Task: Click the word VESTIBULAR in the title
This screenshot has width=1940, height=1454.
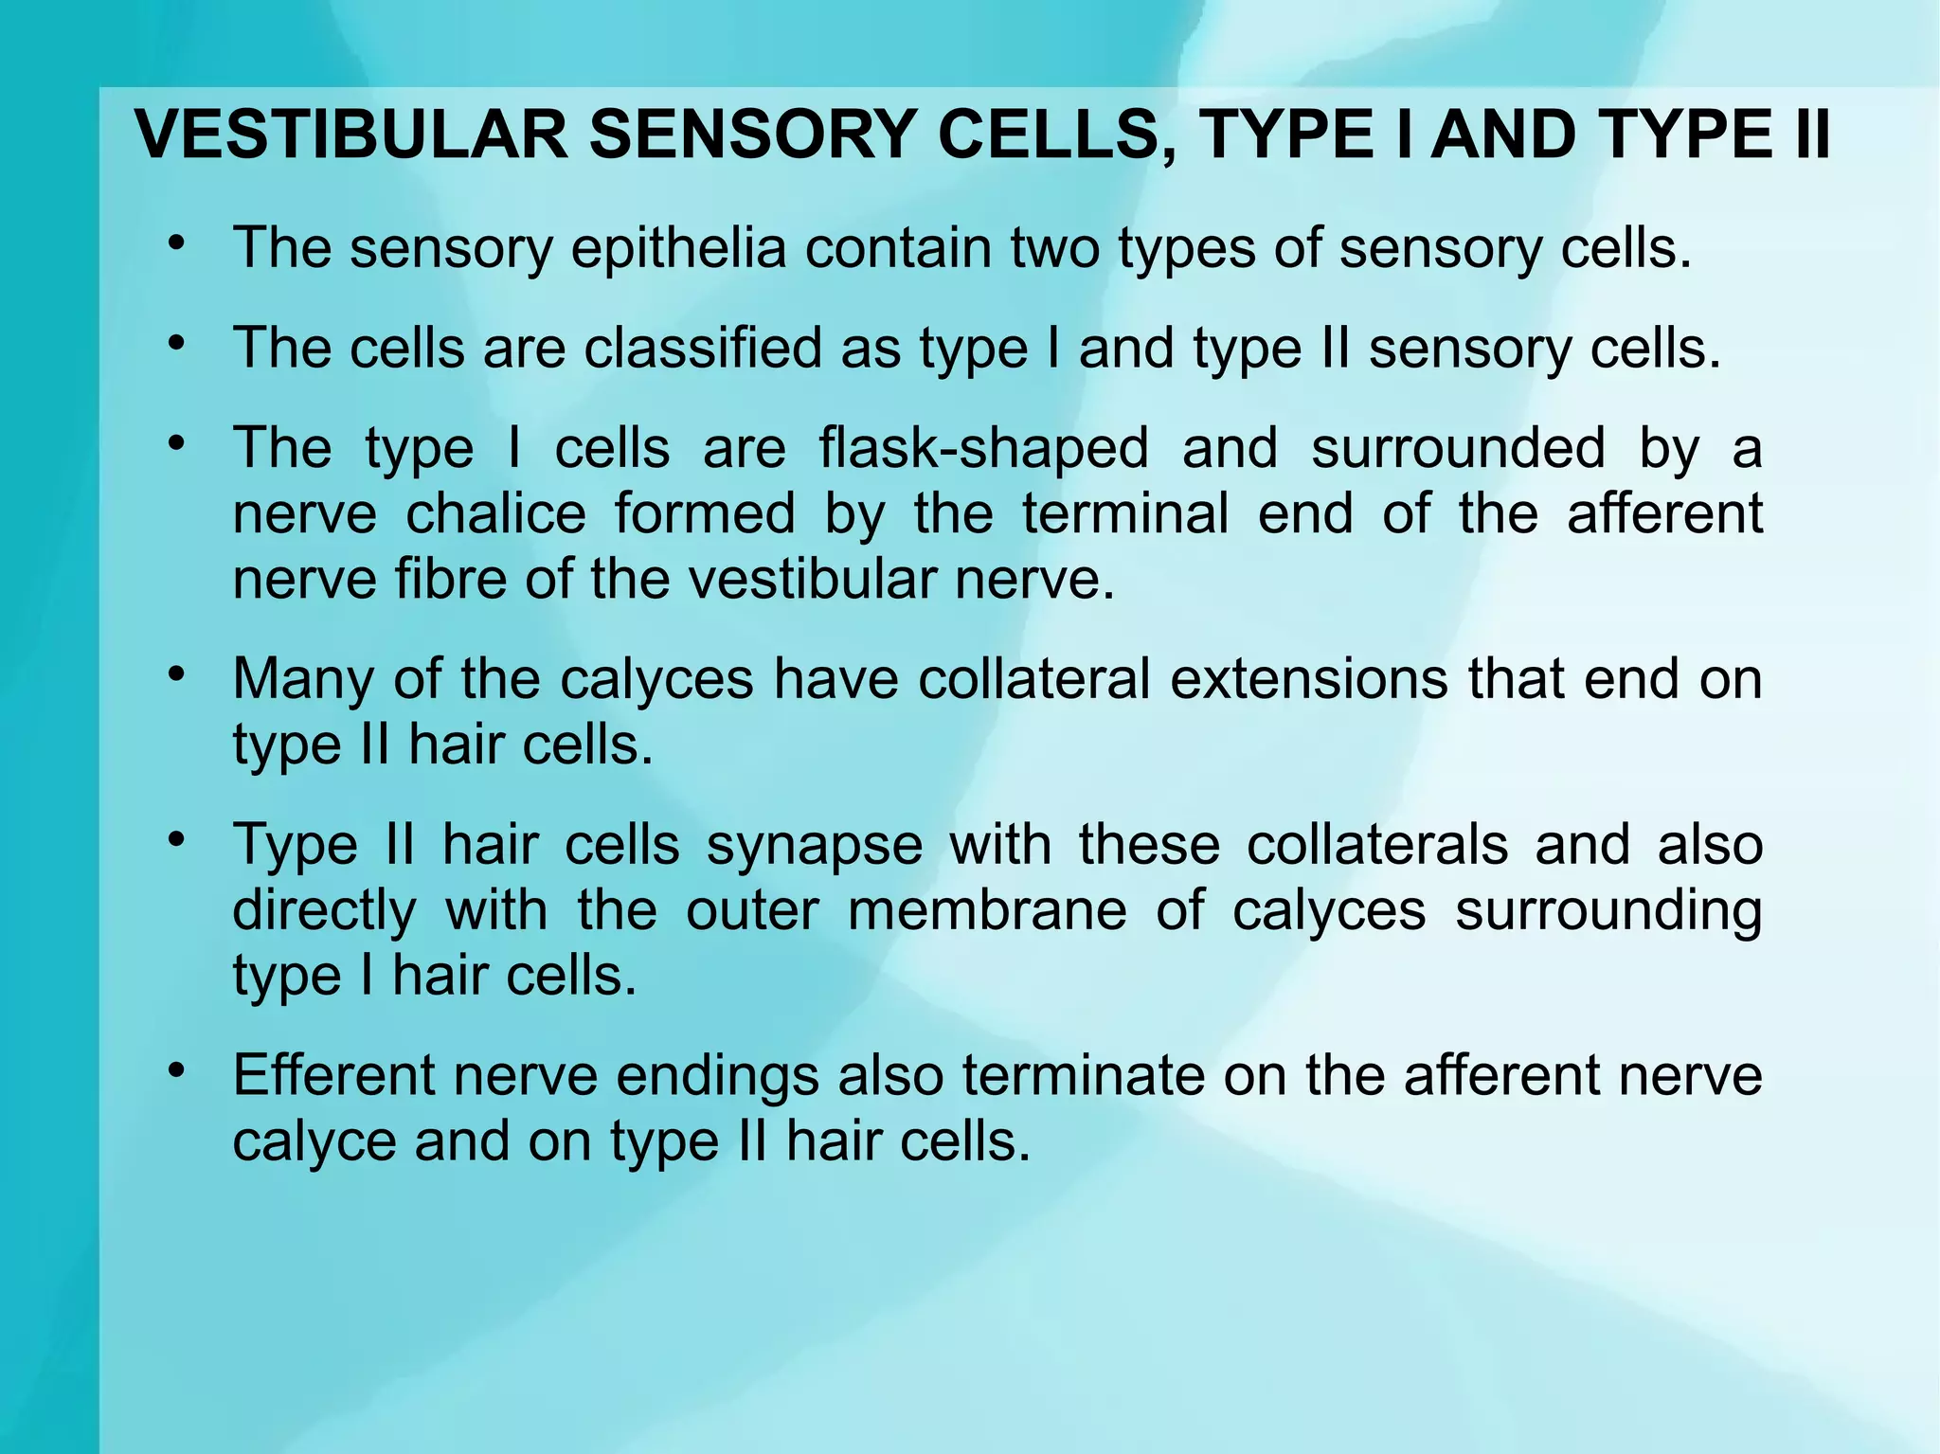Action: click(351, 135)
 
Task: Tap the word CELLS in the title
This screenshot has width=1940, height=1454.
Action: click(1049, 135)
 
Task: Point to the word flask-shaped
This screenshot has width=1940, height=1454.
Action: click(983, 448)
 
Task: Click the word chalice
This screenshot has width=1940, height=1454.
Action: click(496, 513)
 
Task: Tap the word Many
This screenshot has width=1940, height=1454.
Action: click(304, 680)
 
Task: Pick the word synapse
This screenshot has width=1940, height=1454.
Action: click(815, 845)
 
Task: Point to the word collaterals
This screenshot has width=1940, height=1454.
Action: click(1376, 845)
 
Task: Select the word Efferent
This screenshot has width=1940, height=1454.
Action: click(334, 1076)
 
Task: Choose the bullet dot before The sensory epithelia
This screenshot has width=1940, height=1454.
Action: click(175, 242)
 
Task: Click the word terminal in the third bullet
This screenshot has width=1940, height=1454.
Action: click(1126, 513)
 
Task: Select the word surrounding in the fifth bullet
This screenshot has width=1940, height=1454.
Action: click(1608, 910)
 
